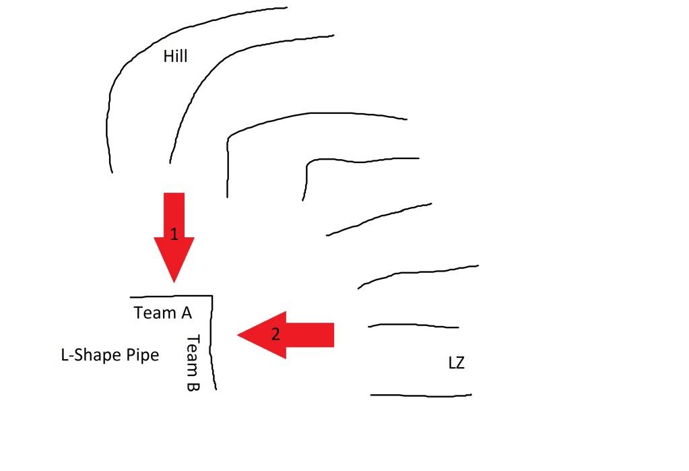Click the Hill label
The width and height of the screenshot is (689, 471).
[x=175, y=57]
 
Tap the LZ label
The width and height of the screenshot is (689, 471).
[x=456, y=364]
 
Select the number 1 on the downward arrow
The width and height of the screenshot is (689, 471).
[x=174, y=234]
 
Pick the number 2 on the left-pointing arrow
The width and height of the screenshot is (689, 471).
[x=275, y=334]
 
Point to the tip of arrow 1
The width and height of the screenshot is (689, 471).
[x=174, y=281]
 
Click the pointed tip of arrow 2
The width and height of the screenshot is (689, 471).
[x=238, y=335]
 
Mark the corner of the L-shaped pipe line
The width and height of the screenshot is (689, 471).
[x=212, y=296]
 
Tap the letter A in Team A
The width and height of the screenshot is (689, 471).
[x=185, y=313]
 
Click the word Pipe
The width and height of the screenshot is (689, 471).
[x=142, y=355]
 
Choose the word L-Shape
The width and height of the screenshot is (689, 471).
[x=91, y=355]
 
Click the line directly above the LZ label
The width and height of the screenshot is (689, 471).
[x=414, y=325]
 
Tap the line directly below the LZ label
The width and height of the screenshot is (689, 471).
[x=421, y=395]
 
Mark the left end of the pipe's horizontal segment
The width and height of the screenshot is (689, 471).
[x=131, y=296]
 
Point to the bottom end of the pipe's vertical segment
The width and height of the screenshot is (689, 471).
[x=216, y=389]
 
